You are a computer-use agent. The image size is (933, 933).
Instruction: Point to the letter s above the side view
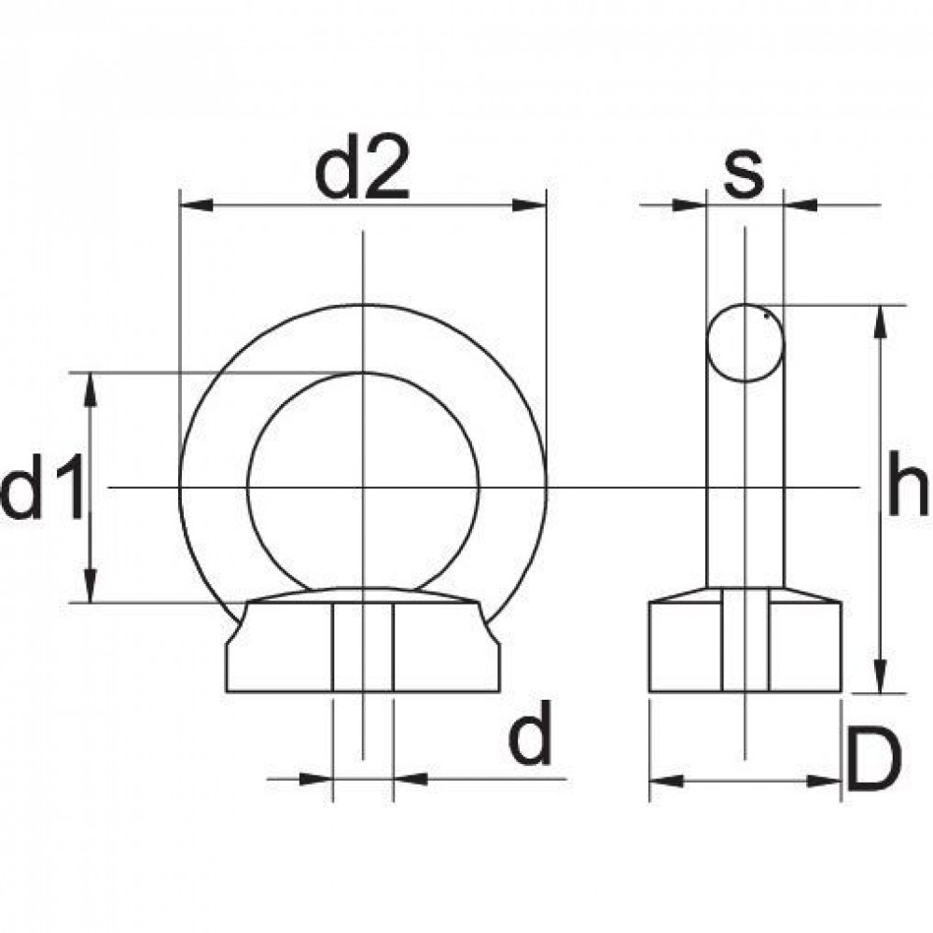click(x=744, y=175)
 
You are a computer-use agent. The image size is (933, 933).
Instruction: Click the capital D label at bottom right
click(x=876, y=759)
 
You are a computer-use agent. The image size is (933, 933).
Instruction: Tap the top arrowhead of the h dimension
click(x=877, y=320)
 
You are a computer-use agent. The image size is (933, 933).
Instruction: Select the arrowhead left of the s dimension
click(x=691, y=203)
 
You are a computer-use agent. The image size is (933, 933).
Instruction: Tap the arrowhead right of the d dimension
click(x=409, y=777)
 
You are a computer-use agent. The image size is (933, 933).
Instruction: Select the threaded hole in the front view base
click(x=363, y=648)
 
